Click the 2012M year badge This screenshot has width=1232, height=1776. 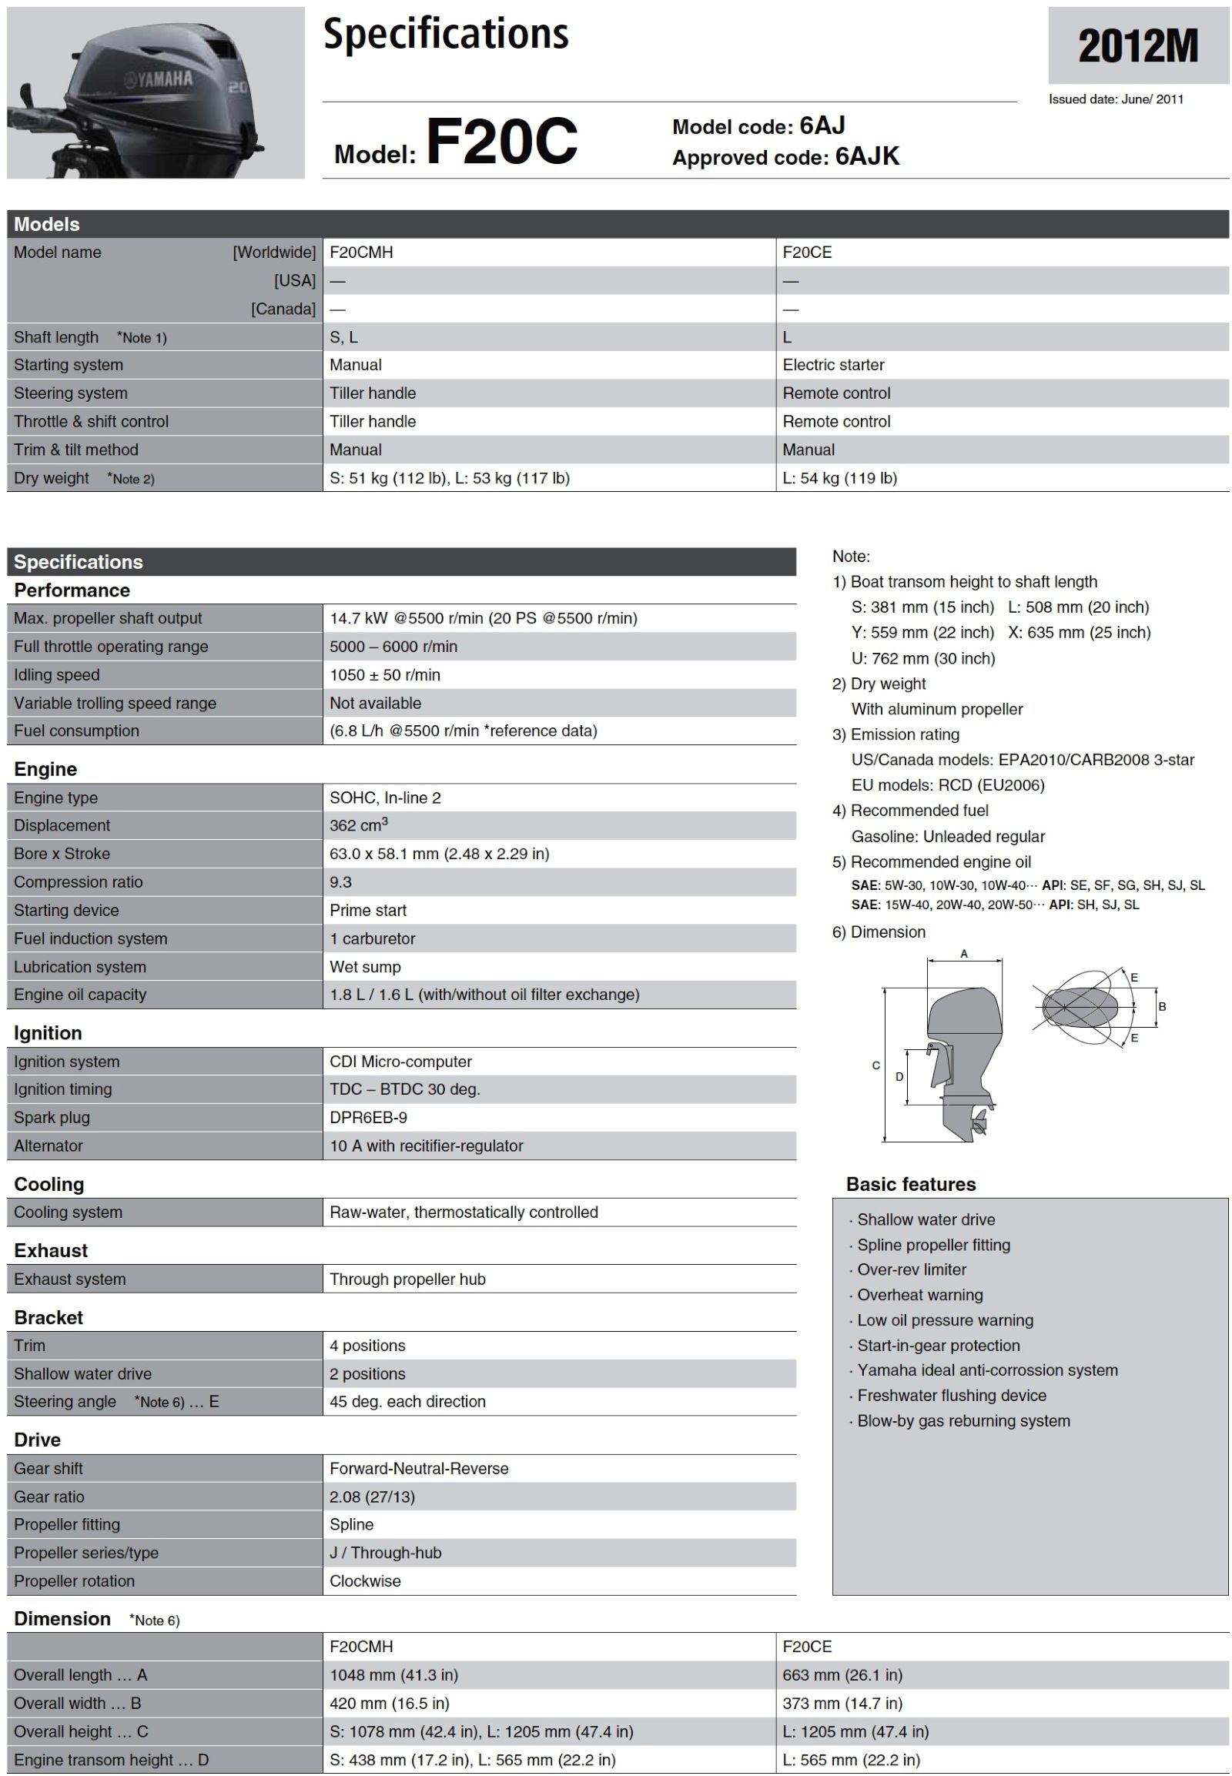pos(1137,46)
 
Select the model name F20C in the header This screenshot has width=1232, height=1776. pos(501,142)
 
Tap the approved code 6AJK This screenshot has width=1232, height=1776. pos(866,157)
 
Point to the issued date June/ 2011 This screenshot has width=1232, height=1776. pos(1115,99)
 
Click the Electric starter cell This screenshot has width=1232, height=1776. pos(833,365)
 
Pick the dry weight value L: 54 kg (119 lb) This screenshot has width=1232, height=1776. pos(839,478)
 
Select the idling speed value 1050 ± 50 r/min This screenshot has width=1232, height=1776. pos(384,674)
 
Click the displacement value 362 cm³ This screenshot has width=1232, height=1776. pos(358,825)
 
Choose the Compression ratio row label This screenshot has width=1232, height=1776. pos(78,881)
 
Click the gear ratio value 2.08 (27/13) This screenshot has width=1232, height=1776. pos(372,1497)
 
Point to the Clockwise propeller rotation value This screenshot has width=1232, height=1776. pos(365,1580)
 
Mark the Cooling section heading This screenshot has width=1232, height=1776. pos(49,1184)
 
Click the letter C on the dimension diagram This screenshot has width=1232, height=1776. pos(875,1065)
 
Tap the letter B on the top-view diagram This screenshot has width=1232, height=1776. pos(1162,1006)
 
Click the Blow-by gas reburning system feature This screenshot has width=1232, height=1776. pos(962,1420)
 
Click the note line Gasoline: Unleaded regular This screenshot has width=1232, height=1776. pos(947,836)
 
